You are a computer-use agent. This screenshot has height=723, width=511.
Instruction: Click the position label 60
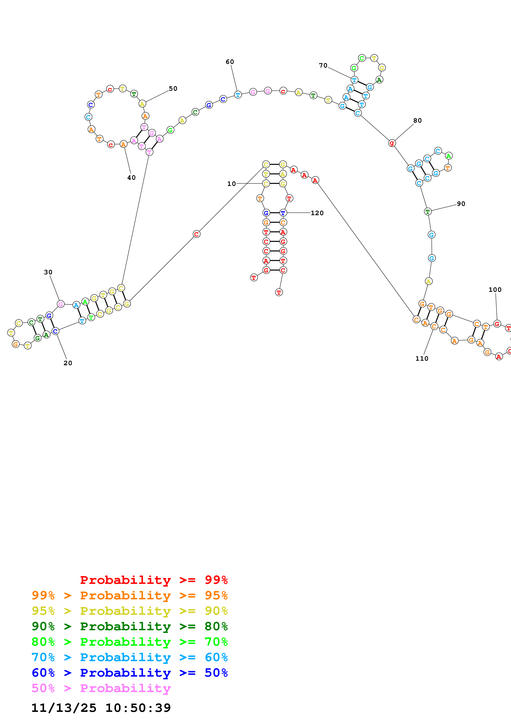click(x=230, y=62)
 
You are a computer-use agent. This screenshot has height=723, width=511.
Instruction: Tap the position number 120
click(x=317, y=213)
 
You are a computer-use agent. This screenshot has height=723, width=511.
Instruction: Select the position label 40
click(x=132, y=178)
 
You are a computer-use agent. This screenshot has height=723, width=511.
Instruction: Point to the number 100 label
click(x=495, y=290)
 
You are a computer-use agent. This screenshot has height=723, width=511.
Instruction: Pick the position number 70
click(x=323, y=66)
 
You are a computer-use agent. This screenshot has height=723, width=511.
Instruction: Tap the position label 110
click(x=422, y=359)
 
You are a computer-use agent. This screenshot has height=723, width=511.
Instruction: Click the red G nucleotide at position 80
click(x=392, y=143)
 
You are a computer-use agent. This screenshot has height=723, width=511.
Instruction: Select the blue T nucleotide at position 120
click(x=283, y=213)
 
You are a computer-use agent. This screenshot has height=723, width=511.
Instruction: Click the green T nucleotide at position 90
click(x=428, y=212)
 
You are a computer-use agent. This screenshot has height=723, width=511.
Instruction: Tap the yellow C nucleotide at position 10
click(x=266, y=184)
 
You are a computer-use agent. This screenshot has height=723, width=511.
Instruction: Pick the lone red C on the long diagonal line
click(x=196, y=234)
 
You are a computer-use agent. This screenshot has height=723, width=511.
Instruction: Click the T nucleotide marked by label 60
click(x=238, y=94)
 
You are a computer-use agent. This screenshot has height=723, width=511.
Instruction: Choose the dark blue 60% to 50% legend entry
click(x=130, y=673)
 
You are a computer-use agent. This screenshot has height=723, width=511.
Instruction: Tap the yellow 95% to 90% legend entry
click(x=130, y=611)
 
